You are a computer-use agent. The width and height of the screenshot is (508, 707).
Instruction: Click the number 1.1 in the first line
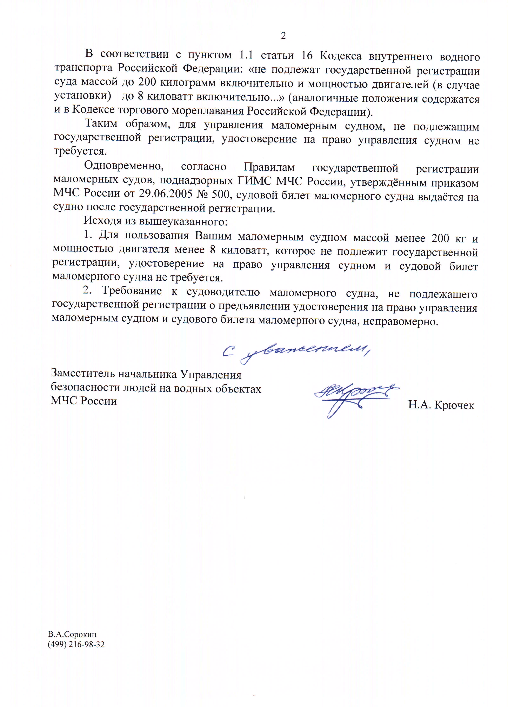pos(246,55)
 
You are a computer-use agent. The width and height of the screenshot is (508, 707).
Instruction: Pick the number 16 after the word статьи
pos(307,56)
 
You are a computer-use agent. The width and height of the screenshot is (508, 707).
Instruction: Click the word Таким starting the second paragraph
pos(101,123)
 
